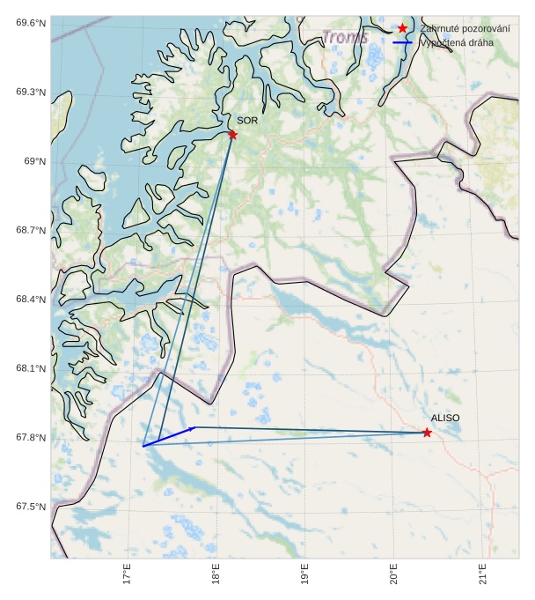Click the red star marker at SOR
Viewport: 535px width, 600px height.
(232, 134)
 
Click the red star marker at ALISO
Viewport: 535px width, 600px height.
(427, 433)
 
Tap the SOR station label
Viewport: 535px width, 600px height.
(247, 120)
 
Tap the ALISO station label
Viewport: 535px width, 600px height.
(445, 418)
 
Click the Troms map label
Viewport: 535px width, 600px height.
(345, 38)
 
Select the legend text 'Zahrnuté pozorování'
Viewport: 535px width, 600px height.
(465, 29)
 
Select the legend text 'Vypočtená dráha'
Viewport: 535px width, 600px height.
(457, 42)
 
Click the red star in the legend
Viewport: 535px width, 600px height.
(402, 29)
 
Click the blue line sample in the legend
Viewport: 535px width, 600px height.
(402, 42)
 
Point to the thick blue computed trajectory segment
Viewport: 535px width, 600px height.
(169, 437)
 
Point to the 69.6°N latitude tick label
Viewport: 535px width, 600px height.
(30, 23)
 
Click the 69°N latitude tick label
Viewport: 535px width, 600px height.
(34, 161)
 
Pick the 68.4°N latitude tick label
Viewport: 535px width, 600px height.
(30, 300)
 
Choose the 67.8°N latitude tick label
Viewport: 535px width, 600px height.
(30, 438)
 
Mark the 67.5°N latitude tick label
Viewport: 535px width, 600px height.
(30, 507)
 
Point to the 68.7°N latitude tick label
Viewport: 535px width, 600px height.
(30, 230)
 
